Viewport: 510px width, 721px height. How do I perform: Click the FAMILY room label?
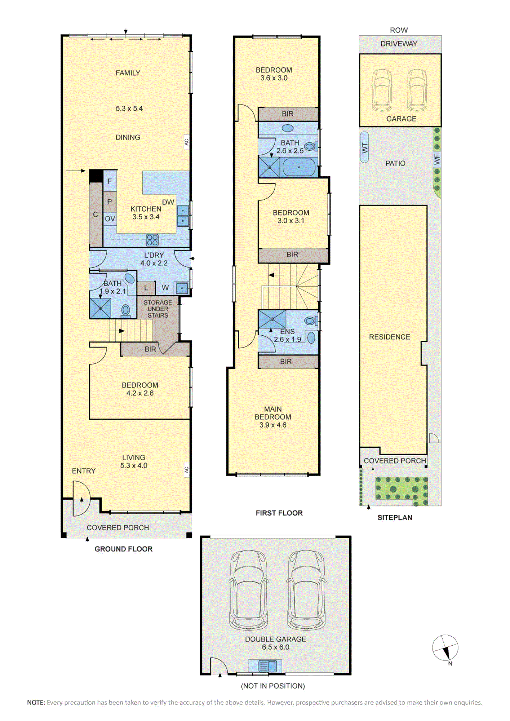(128, 73)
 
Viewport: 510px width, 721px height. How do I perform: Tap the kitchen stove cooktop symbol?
(152, 240)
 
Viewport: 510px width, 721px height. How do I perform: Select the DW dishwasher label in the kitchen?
(168, 202)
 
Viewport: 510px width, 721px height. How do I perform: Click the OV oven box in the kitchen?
(110, 218)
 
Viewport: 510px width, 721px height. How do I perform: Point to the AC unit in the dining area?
(186, 142)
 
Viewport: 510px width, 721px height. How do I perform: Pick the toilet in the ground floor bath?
(125, 311)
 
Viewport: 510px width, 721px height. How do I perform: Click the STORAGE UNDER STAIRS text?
(158, 309)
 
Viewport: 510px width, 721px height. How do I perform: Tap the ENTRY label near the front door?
(84, 471)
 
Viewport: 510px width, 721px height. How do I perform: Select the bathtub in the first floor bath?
(299, 167)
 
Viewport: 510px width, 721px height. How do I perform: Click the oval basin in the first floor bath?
(288, 128)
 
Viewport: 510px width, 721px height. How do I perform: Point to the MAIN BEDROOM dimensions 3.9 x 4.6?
(273, 425)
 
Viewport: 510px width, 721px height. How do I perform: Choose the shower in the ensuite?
(272, 319)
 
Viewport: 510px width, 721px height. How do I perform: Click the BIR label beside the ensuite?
(286, 362)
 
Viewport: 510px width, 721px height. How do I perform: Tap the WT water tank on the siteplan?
(364, 147)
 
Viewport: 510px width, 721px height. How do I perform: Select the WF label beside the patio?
(437, 159)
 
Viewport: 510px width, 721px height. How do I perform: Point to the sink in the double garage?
(265, 666)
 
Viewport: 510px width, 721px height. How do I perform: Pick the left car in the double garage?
(249, 590)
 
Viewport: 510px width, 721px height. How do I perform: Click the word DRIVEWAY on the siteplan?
(399, 44)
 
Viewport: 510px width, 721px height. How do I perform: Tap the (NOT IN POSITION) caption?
(273, 686)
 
